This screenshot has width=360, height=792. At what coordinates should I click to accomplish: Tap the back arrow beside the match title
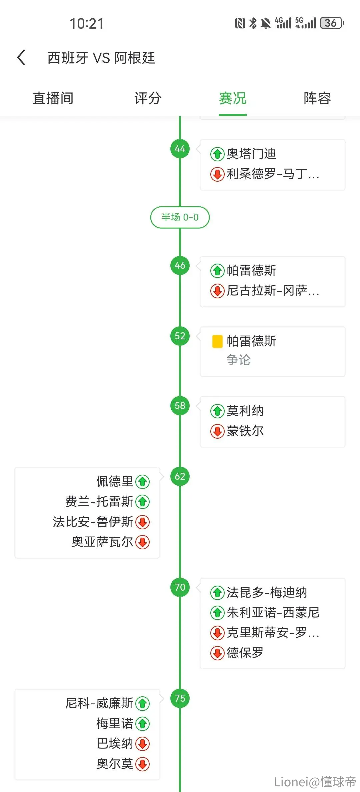pyautogui.click(x=21, y=57)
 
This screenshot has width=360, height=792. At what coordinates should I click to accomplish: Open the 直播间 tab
pyautogui.click(x=53, y=98)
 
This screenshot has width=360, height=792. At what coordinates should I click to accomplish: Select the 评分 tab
pyautogui.click(x=148, y=98)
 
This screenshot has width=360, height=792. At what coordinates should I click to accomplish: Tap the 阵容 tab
pyautogui.click(x=317, y=98)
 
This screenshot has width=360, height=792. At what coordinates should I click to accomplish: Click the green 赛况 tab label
pyautogui.click(x=233, y=98)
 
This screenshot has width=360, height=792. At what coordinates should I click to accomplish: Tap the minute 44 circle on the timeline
pyautogui.click(x=180, y=149)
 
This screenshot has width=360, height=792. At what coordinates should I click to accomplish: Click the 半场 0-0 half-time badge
pyautogui.click(x=180, y=217)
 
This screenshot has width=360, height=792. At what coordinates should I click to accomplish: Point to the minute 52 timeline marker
pyautogui.click(x=180, y=336)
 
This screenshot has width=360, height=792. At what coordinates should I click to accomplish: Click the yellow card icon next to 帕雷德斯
pyautogui.click(x=217, y=341)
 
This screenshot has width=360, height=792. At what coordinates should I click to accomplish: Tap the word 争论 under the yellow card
pyautogui.click(x=238, y=360)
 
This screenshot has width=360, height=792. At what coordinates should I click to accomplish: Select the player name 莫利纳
pyautogui.click(x=245, y=411)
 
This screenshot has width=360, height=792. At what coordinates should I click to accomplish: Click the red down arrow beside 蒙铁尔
pyautogui.click(x=217, y=431)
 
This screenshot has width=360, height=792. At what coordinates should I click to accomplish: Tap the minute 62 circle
pyautogui.click(x=180, y=476)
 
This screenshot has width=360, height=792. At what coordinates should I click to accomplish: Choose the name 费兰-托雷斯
pyautogui.click(x=99, y=502)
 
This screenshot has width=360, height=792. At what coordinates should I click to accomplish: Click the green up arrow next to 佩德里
pyautogui.click(x=143, y=482)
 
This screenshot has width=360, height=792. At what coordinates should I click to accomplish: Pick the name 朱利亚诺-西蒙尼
pyautogui.click(x=273, y=613)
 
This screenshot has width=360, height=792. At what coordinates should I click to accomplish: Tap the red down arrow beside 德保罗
pyautogui.click(x=217, y=653)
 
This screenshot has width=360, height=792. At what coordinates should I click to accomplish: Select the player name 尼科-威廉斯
pyautogui.click(x=99, y=703)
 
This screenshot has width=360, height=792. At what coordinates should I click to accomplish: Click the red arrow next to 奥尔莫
pyautogui.click(x=143, y=764)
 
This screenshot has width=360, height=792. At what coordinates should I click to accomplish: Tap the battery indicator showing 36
pyautogui.click(x=332, y=23)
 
